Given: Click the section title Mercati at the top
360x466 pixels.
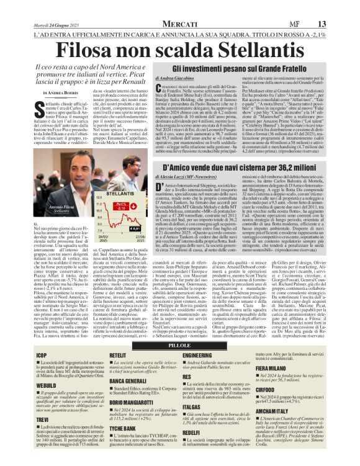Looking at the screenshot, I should pos(180,24).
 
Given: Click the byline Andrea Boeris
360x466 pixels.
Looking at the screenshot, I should pos(63,92).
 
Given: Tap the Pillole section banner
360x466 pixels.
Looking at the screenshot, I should pos(179,344).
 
